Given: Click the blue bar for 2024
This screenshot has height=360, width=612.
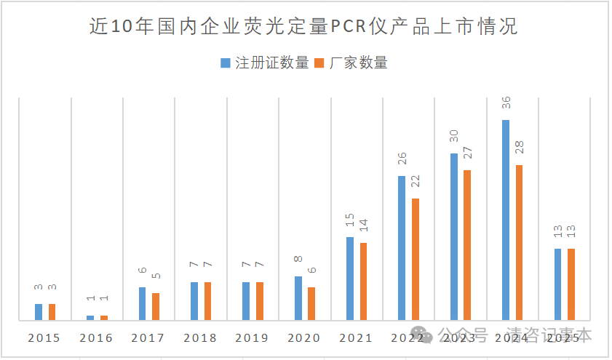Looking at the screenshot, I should click(506, 220).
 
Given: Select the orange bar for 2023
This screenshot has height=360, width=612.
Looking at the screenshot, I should click(467, 245).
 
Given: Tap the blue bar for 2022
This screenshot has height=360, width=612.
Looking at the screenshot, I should click(402, 248).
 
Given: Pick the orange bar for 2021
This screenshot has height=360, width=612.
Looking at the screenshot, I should click(363, 281).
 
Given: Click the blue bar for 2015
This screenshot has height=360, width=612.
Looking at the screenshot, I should click(39, 312).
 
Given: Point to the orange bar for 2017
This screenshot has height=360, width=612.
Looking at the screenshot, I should click(156, 306).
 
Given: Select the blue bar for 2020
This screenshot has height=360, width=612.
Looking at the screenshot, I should click(298, 298).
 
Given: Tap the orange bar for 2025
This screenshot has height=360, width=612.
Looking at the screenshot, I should click(571, 284).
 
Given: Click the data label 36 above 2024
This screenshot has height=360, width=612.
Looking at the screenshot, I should click(506, 104).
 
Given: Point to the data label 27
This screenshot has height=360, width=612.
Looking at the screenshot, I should click(468, 154).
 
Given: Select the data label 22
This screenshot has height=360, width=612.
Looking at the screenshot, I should click(416, 183).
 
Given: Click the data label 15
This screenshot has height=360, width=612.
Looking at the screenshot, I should click(350, 221).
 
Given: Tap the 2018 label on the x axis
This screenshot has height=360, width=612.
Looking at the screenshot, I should click(200, 338).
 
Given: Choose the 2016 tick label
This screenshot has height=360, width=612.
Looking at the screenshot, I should click(96, 338).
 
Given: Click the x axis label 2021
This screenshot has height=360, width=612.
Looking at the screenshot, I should click(356, 338).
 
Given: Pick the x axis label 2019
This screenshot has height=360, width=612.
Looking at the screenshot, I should click(252, 338).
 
